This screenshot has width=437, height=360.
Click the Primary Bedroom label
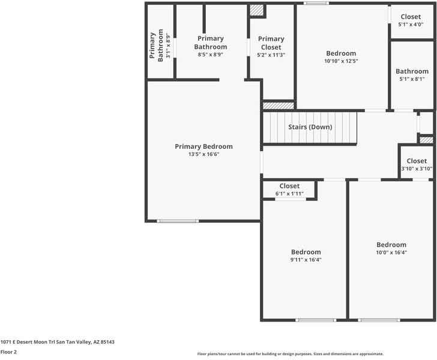[x=203, y=146]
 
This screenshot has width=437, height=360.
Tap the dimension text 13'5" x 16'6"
[x=203, y=154]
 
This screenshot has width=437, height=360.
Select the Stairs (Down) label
[x=310, y=127]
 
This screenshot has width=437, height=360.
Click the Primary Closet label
[x=271, y=43]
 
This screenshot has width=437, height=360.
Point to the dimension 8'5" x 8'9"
[x=210, y=55]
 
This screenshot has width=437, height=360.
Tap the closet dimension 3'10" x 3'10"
[x=417, y=169]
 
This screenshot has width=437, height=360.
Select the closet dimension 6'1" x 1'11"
[x=289, y=194]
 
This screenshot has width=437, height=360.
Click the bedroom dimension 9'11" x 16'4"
[x=306, y=260]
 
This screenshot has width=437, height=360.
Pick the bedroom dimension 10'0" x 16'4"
[x=391, y=253]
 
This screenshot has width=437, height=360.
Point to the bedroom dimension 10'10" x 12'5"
[x=341, y=61]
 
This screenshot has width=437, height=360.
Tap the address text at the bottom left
[x=57, y=342]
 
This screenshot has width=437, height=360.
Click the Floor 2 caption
[x=8, y=352]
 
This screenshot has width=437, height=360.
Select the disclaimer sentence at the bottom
[x=290, y=354]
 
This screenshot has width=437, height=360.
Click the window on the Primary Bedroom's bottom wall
[x=178, y=221]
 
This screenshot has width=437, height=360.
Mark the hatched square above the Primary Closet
[x=257, y=10]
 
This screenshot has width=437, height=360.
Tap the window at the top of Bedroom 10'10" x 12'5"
[x=316, y=4]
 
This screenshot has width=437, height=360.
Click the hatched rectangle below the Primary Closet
[x=279, y=106]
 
